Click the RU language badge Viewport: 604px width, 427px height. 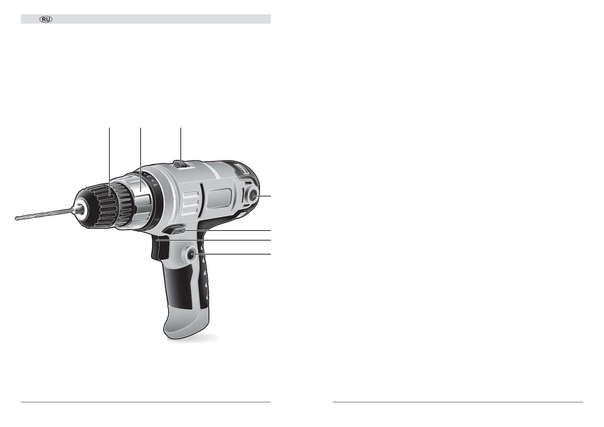[46, 19]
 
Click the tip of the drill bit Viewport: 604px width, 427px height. [15, 219]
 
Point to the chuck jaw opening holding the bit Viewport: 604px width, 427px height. [80, 207]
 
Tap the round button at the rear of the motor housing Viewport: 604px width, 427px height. [253, 196]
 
